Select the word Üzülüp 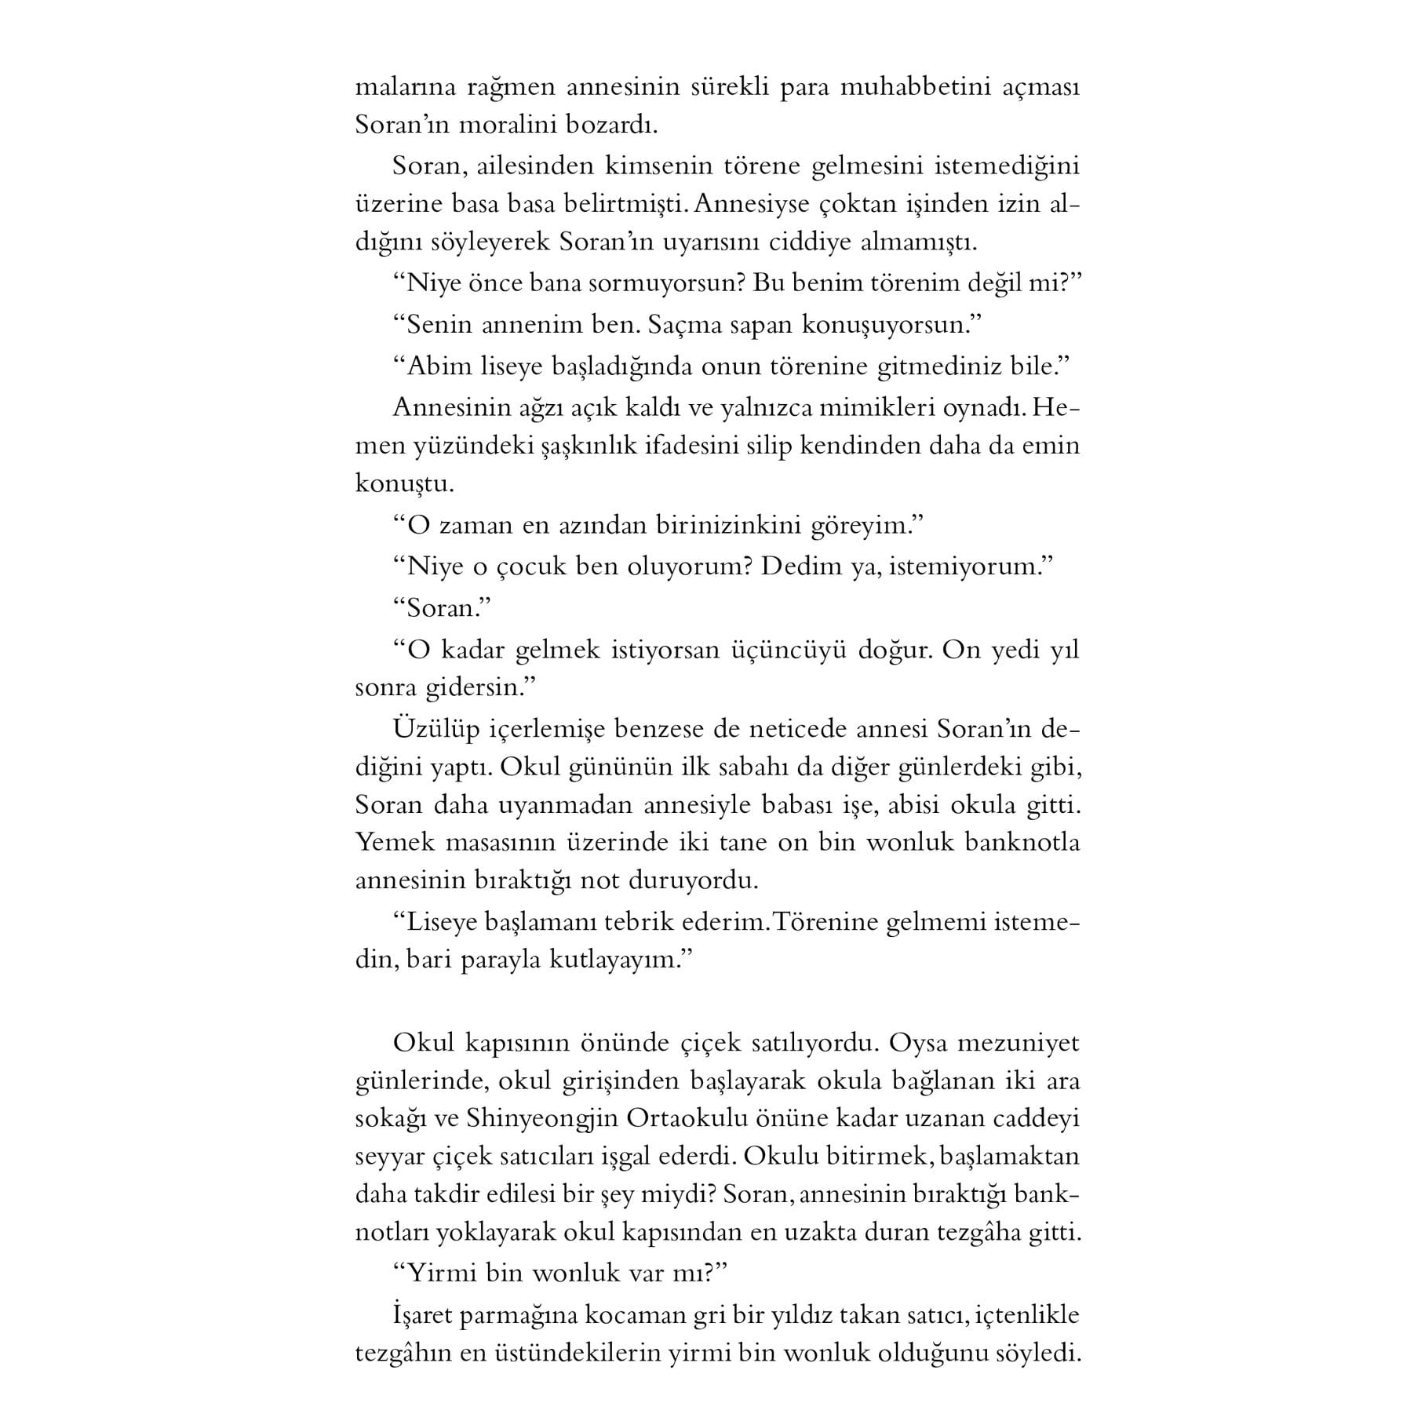435,729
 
